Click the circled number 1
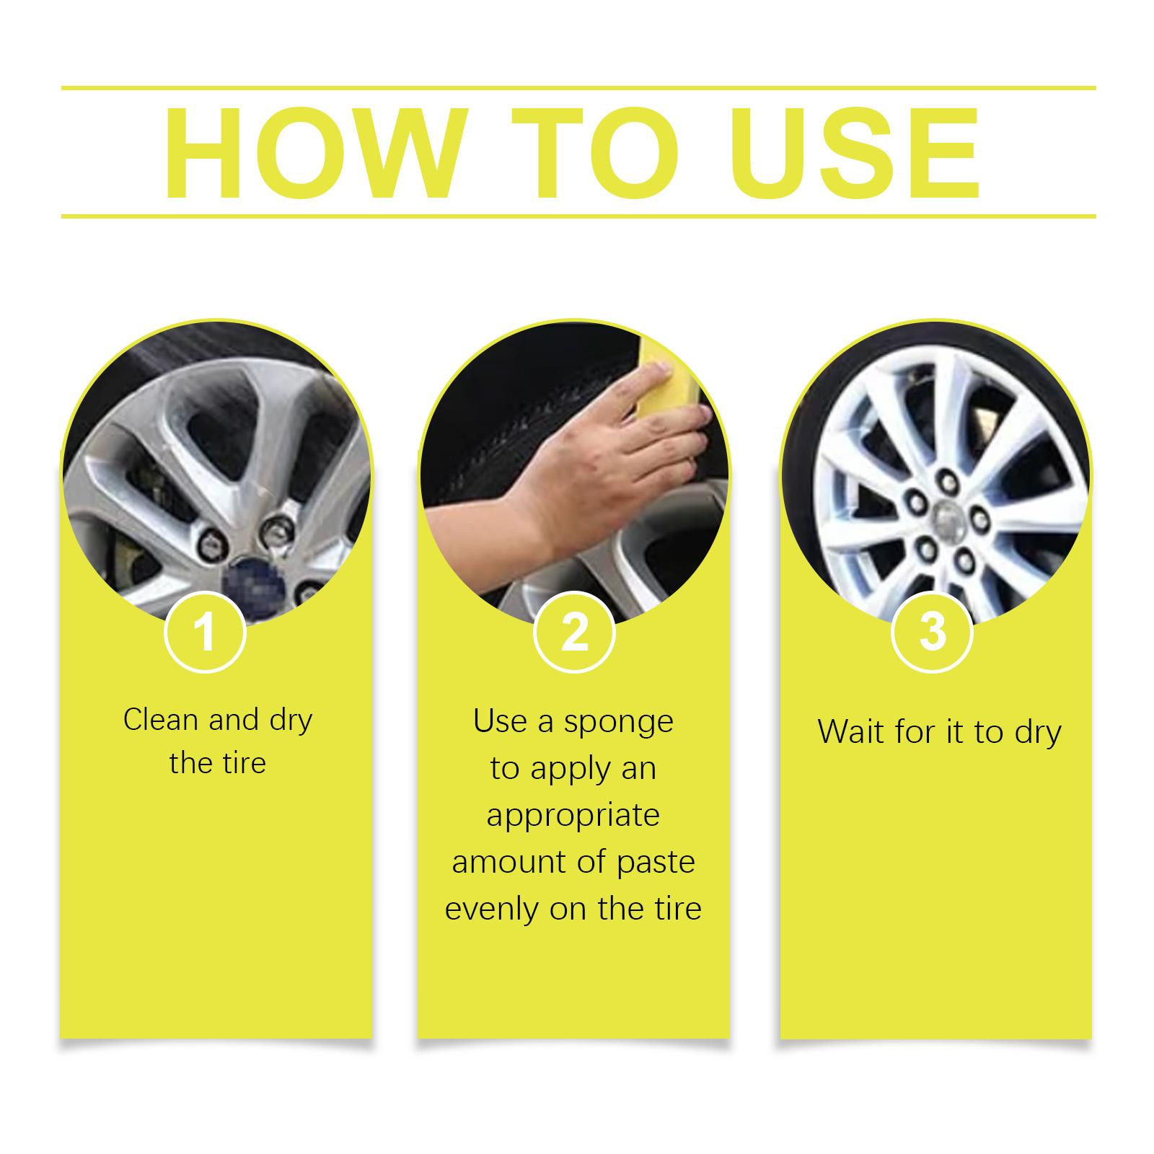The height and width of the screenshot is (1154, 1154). click(x=206, y=632)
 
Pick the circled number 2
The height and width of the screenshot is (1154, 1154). click(x=574, y=632)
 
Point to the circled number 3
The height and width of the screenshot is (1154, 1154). click(x=933, y=632)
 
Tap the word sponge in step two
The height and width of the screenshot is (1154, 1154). click(x=618, y=723)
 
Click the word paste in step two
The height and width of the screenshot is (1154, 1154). click(x=655, y=863)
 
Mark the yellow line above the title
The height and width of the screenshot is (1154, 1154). click(x=578, y=88)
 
